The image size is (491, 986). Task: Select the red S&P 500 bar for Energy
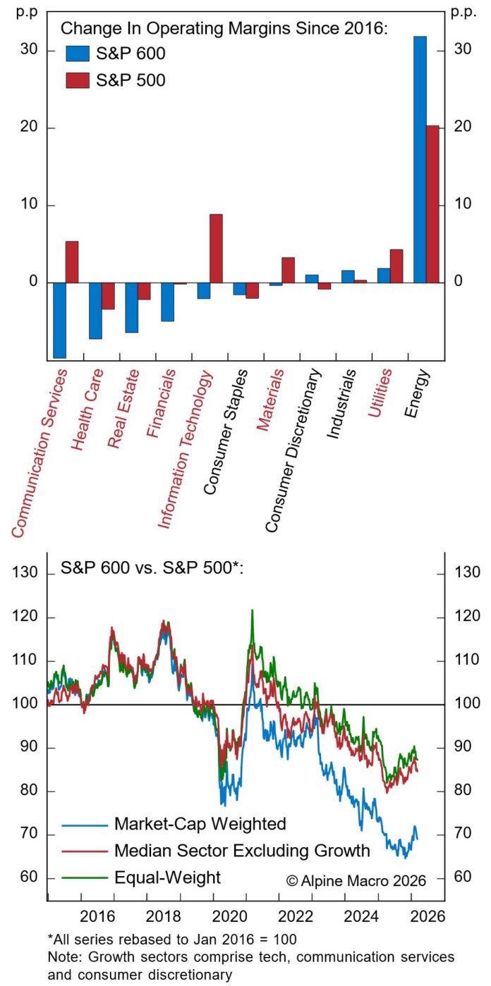click(432, 204)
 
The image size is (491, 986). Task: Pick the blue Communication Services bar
click(59, 320)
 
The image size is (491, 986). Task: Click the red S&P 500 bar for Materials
click(288, 270)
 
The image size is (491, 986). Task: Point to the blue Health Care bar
click(95, 311)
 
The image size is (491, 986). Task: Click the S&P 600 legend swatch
click(78, 54)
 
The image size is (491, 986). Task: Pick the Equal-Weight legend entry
click(167, 877)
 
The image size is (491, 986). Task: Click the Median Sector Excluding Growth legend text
click(241, 851)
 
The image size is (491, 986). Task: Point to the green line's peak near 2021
click(252, 610)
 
